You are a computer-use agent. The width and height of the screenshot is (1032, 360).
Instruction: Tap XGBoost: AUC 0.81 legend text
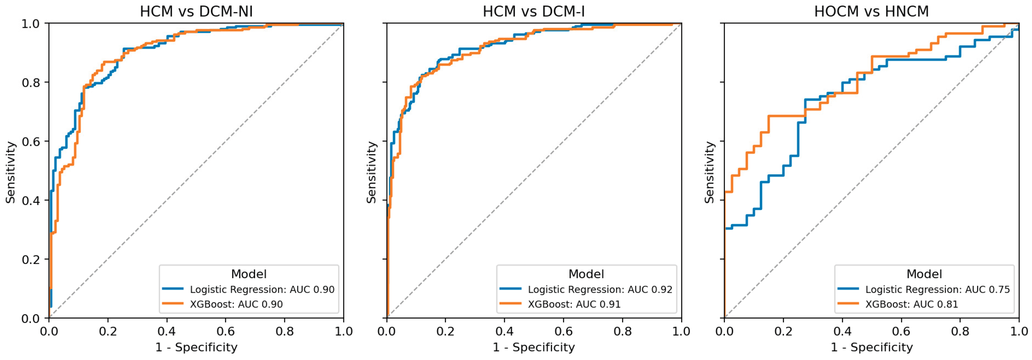point(912,304)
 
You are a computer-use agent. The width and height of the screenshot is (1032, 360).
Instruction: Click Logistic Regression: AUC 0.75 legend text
point(937,290)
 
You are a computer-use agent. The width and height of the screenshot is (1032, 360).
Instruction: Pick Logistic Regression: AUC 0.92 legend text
point(600,290)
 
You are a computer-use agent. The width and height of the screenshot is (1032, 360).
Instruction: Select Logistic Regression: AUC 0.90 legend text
point(262,290)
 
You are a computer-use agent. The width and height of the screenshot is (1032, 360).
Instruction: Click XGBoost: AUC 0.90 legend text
point(236,304)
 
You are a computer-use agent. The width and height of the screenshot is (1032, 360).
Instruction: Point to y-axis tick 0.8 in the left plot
point(31,83)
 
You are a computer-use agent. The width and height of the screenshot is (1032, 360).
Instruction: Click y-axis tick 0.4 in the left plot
point(31,201)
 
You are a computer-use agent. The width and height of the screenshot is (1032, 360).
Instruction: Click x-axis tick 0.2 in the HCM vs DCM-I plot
point(445,332)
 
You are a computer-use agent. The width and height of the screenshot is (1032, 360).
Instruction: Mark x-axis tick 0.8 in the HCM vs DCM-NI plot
point(284,332)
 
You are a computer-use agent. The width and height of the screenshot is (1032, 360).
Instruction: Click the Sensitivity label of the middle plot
point(371,172)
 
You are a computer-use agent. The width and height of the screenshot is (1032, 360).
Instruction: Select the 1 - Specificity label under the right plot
point(871,347)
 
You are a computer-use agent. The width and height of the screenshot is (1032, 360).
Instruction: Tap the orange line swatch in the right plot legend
point(848,304)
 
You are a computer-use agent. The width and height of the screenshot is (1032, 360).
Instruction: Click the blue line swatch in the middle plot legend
point(510,289)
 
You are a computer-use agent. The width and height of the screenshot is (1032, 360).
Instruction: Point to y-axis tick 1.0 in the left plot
point(31,24)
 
